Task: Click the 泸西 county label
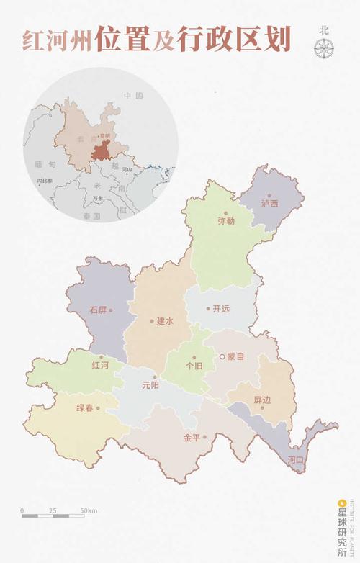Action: click(269, 204)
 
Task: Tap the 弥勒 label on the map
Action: click(225, 222)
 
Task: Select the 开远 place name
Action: click(221, 309)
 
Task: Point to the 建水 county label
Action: click(166, 321)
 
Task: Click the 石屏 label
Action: click(99, 310)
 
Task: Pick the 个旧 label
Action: click(194, 366)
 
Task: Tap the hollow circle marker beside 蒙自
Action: click(222, 356)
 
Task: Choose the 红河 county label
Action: click(100, 366)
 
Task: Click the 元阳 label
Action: click(150, 385)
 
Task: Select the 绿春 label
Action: click(85, 408)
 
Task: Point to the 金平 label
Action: click(192, 437)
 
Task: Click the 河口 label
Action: click(296, 459)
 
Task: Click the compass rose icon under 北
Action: click(324, 48)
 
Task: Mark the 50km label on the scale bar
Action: click(89, 510)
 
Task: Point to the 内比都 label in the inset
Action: click(45, 180)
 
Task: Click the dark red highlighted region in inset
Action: click(103, 152)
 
